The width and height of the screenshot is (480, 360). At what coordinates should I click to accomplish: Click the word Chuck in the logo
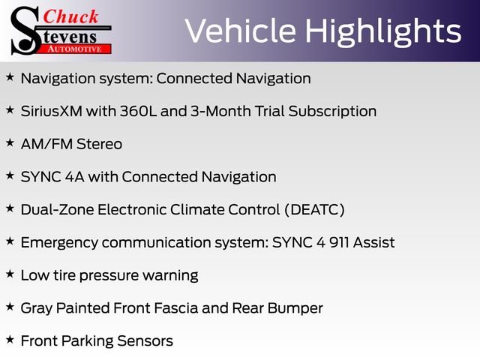click(70, 16)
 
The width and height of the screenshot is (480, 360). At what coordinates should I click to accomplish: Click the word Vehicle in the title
click(240, 31)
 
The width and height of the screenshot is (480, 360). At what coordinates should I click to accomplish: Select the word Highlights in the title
click(383, 32)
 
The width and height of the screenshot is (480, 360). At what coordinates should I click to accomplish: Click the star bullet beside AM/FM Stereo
click(10, 142)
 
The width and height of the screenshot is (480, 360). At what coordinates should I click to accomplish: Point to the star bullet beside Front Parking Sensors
click(10, 340)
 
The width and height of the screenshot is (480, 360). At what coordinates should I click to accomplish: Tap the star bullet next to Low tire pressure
click(10, 274)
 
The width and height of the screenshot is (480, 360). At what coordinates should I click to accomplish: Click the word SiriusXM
click(52, 111)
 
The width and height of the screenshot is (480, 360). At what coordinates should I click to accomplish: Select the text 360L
click(138, 111)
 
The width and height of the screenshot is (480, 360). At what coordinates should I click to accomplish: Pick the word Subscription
click(332, 112)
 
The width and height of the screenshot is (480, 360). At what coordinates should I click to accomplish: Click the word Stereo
click(99, 144)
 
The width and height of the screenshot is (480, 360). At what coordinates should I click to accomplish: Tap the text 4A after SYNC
click(74, 177)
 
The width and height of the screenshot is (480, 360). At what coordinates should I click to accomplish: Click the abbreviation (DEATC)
click(314, 210)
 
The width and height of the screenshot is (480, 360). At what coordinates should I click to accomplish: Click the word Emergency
click(59, 243)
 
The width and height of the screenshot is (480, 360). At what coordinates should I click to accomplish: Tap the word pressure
click(109, 276)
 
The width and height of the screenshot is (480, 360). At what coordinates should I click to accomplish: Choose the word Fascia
click(176, 308)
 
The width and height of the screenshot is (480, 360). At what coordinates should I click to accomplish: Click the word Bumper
click(295, 308)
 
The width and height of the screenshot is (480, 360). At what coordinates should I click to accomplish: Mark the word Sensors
click(145, 340)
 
